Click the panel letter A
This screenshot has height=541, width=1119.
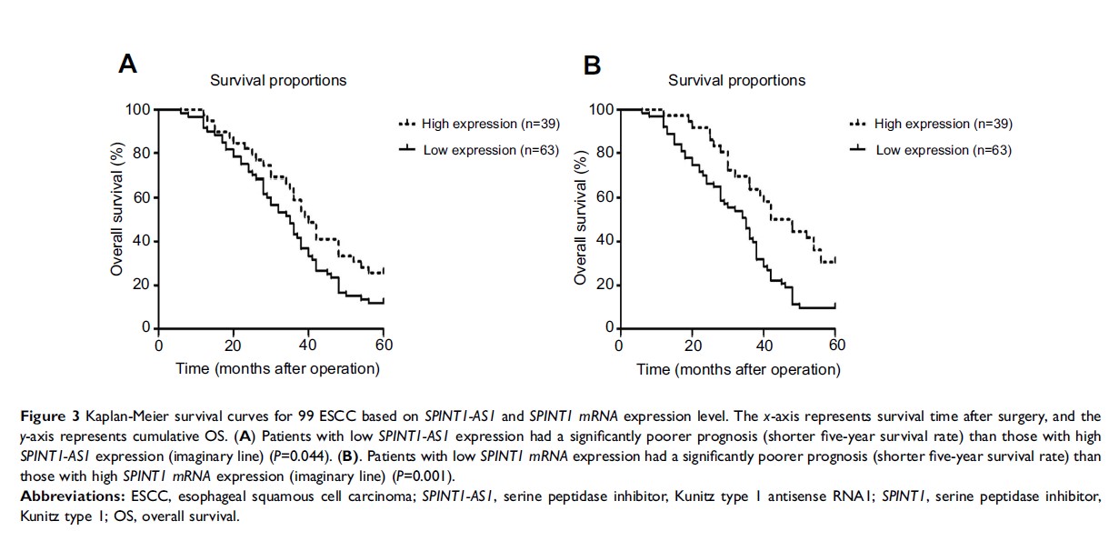click(x=128, y=65)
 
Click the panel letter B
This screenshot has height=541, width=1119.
click(x=592, y=65)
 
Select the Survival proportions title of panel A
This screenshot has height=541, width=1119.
click(x=278, y=80)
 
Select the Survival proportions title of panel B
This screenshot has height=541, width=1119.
click(x=736, y=80)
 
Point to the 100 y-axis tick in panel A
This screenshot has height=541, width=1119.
click(x=137, y=109)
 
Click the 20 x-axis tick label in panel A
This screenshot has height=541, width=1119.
click(x=234, y=346)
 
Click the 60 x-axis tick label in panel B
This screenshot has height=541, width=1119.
click(x=837, y=346)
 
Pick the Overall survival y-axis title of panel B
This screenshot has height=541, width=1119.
click(x=581, y=218)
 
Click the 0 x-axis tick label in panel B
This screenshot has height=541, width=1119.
click(x=619, y=346)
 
